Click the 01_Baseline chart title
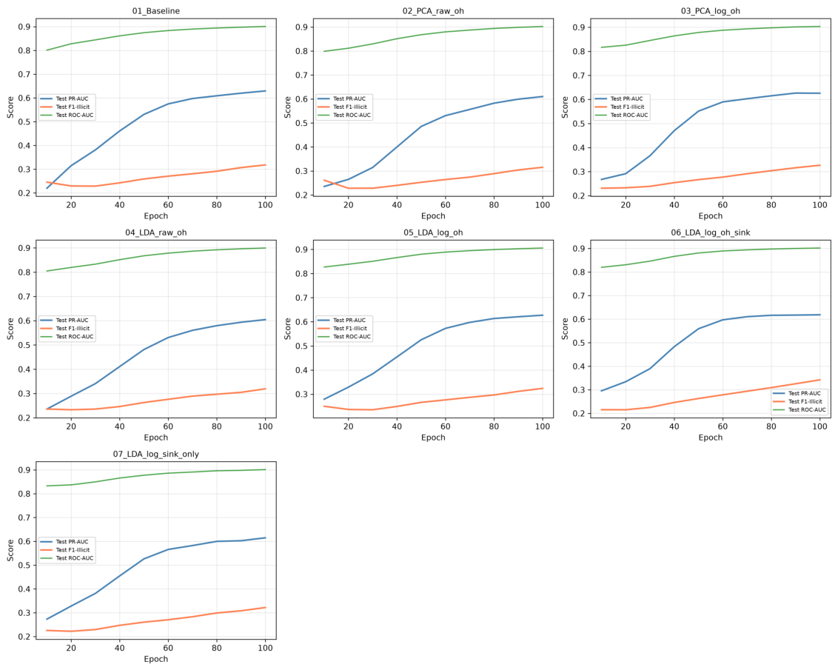point(156,10)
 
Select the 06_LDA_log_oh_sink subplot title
point(710,232)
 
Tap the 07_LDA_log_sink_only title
point(156,454)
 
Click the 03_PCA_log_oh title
point(710,10)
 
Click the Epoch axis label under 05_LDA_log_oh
point(433,437)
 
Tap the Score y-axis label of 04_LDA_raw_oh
point(10,329)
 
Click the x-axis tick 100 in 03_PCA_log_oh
point(819,204)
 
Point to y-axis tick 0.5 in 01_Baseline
point(24,122)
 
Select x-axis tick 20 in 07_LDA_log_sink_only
point(71,648)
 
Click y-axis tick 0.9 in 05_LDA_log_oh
point(302,249)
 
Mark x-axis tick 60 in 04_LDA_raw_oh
point(168,426)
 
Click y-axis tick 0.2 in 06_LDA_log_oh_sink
point(580,414)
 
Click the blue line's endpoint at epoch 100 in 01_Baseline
point(266,91)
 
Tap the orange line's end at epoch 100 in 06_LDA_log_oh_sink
point(819,380)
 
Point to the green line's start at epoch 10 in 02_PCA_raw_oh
point(324,51)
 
